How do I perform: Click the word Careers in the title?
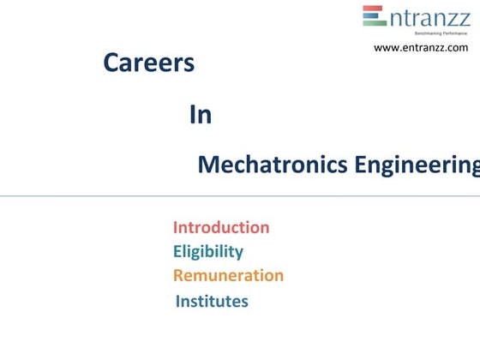tap(148, 63)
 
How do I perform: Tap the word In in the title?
tap(201, 116)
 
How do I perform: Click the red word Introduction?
tap(221, 227)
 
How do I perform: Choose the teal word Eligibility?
tap(208, 251)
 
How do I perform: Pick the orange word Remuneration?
tap(228, 275)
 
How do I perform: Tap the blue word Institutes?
tap(212, 301)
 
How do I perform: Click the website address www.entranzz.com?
tap(421, 48)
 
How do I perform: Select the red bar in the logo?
tap(374, 9)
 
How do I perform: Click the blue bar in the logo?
tap(375, 16)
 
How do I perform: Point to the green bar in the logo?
tap(375, 23)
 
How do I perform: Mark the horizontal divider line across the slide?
tap(240, 195)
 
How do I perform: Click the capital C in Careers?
tap(111, 63)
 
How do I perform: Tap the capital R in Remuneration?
tap(178, 275)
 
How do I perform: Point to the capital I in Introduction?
tap(176, 227)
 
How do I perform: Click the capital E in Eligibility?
tap(177, 251)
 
